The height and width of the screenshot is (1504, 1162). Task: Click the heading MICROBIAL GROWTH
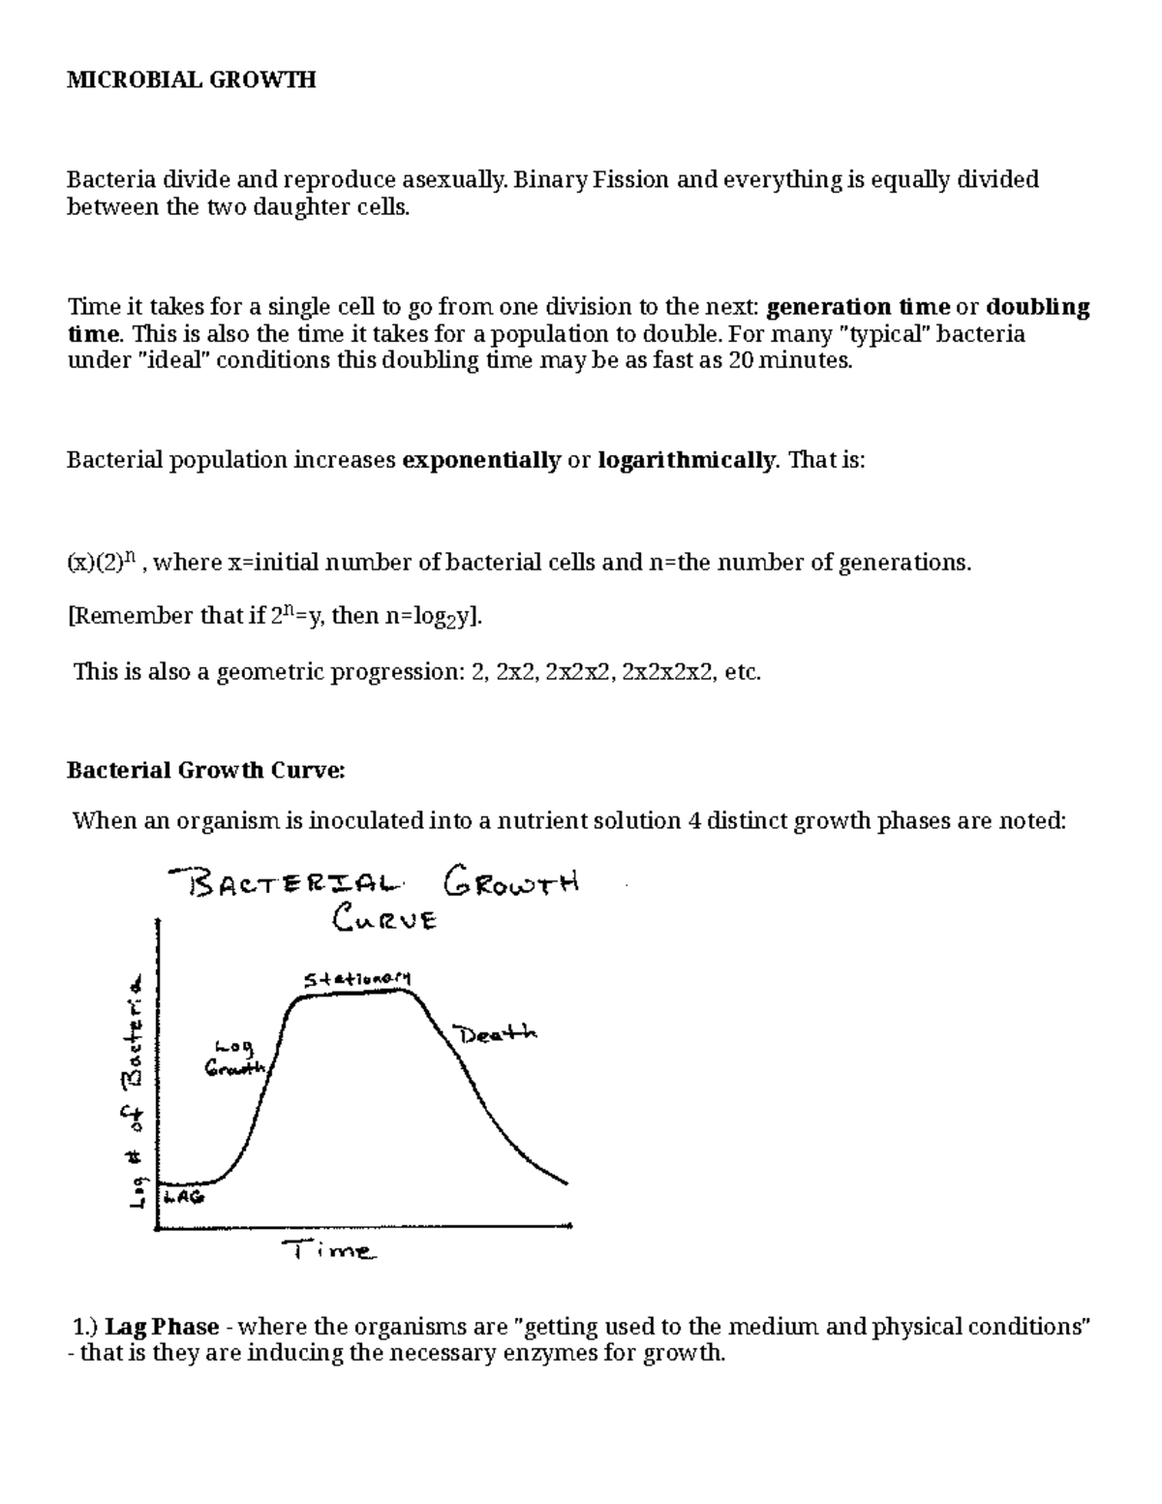pos(191,80)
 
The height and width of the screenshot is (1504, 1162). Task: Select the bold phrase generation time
pos(858,307)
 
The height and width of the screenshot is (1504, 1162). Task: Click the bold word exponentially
pos(481,460)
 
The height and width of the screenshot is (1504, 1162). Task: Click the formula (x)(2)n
pos(105,563)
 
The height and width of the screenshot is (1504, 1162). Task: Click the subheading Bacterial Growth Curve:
pos(204,771)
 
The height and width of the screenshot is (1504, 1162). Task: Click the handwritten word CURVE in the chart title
pos(383,918)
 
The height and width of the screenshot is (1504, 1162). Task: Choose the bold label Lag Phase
pos(163,1326)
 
